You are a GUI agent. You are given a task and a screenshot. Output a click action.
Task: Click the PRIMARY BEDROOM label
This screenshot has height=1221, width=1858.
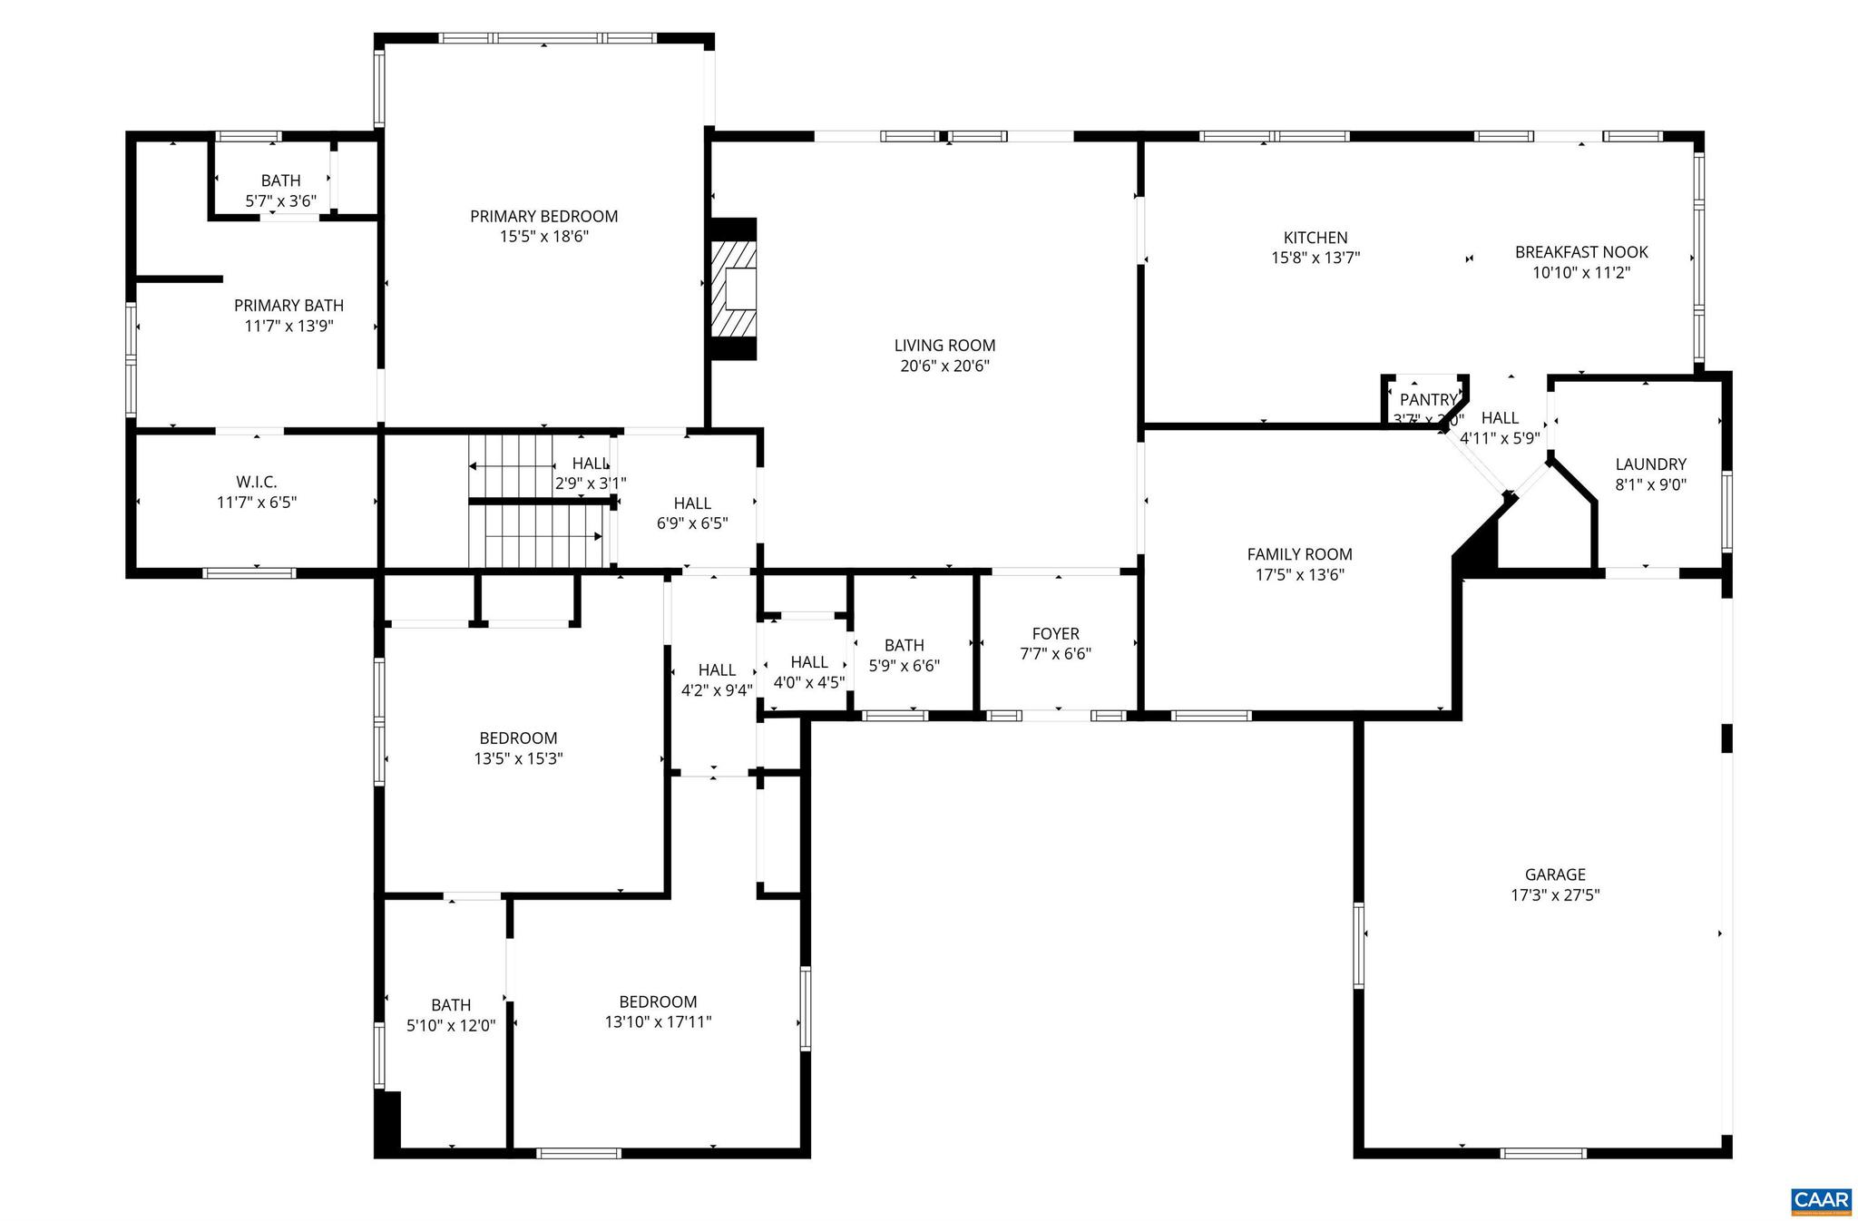[543, 216]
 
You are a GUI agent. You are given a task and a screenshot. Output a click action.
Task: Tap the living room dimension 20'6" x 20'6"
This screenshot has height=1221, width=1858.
[944, 366]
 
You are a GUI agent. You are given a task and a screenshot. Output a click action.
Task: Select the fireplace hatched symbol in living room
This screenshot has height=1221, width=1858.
[733, 288]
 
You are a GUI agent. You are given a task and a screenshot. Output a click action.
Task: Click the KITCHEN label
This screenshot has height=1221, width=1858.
[1315, 238]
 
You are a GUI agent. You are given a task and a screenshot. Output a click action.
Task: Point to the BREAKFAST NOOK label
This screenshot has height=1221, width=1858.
[1580, 252]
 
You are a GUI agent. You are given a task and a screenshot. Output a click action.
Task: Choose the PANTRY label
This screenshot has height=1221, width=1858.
[1427, 400]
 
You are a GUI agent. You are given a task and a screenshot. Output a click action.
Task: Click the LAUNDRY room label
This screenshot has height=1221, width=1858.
[1650, 464]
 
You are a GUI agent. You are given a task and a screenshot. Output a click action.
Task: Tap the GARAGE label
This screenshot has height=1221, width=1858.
[1555, 874]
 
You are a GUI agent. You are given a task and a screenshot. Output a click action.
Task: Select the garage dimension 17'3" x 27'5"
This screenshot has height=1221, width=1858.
[1555, 895]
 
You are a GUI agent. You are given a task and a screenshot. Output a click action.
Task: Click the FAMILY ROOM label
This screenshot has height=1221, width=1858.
[1299, 554]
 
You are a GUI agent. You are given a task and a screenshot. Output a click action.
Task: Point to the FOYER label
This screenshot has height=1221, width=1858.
[1055, 633]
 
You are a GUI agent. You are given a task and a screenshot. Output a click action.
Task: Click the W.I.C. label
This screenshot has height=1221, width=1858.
[257, 483]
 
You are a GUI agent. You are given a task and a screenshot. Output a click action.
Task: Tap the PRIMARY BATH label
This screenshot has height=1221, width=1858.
[288, 306]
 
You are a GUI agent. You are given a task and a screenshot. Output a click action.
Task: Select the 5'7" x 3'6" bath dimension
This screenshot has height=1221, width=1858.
[280, 201]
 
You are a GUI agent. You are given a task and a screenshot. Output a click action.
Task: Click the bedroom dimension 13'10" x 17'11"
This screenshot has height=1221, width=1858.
[658, 1022]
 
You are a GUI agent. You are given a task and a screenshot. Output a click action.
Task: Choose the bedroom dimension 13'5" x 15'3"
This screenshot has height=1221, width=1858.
[518, 759]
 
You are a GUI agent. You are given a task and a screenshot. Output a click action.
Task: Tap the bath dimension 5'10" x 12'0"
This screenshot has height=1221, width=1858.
[451, 1026]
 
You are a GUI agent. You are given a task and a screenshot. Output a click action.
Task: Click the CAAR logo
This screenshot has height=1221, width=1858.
[1820, 1200]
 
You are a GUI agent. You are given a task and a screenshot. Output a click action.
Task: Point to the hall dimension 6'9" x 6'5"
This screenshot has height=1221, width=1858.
[692, 523]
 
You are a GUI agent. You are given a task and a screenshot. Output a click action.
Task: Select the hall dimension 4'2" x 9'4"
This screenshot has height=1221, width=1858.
[717, 690]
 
